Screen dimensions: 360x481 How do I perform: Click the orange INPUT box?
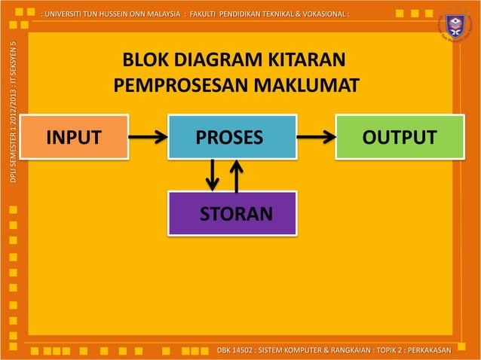click(x=74, y=137)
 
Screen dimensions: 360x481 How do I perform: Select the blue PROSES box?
click(x=231, y=137)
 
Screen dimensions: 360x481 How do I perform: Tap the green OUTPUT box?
click(x=399, y=137)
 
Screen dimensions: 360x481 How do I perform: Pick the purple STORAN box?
click(x=231, y=213)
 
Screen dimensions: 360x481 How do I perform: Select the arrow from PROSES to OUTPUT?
click(x=316, y=137)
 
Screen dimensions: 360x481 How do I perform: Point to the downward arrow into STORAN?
click(x=213, y=175)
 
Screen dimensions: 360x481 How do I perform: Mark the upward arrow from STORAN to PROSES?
click(x=237, y=175)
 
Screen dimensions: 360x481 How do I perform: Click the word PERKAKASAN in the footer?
click(x=427, y=350)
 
